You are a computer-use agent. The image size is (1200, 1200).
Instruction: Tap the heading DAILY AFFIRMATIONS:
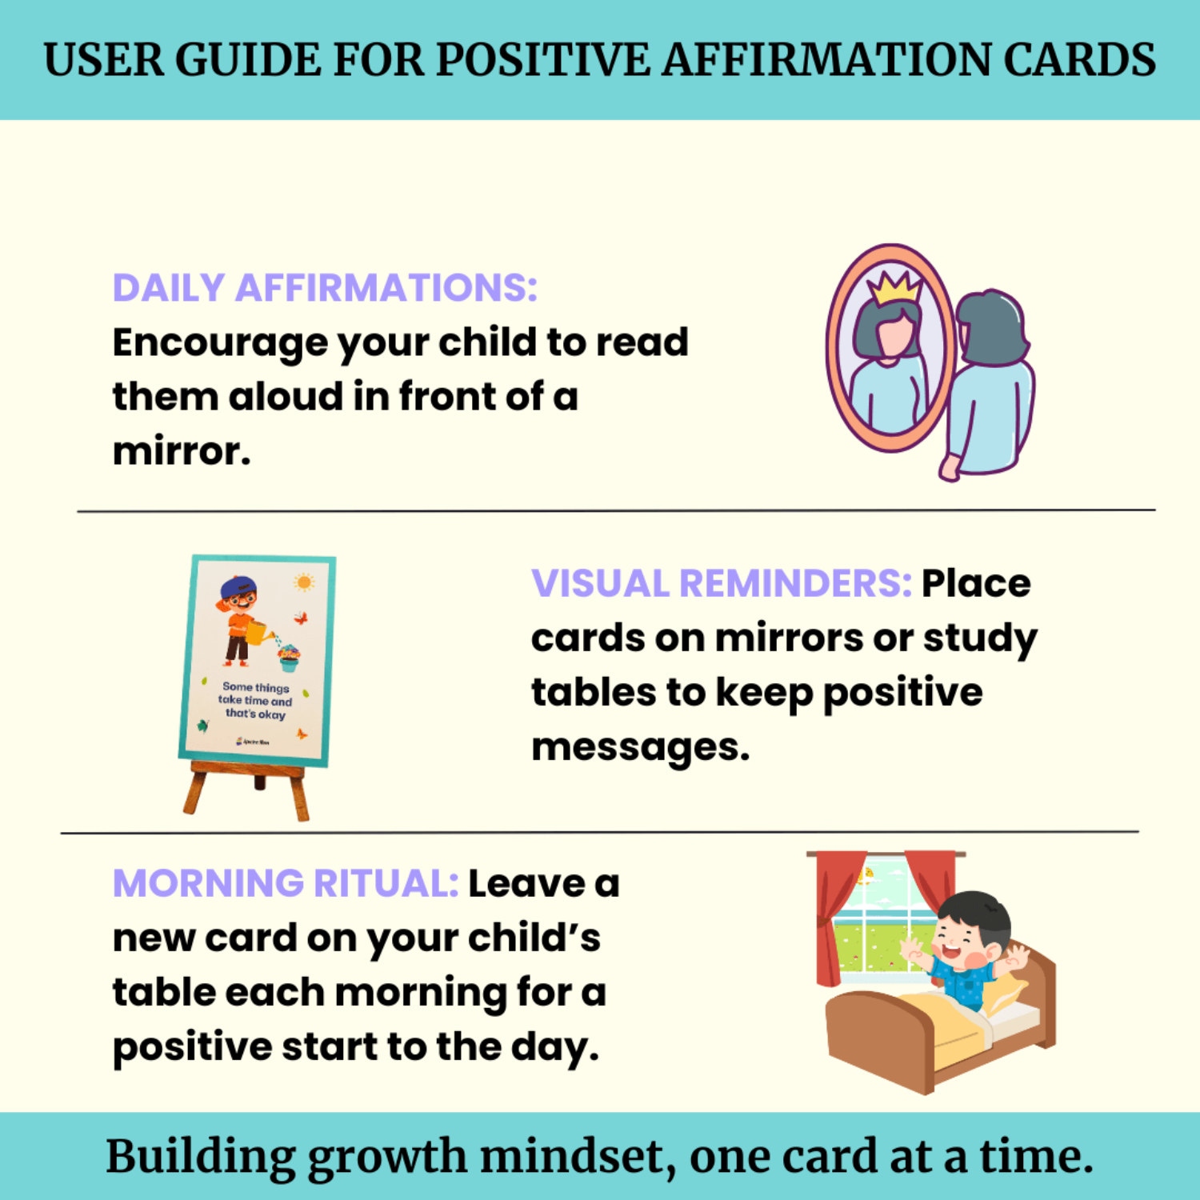[x=324, y=288]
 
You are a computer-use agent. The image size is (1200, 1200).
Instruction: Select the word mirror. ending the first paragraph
[x=182, y=452]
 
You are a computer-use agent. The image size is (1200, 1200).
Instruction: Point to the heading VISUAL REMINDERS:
[x=721, y=583]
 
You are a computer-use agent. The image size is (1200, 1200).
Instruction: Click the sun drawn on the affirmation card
[x=304, y=582]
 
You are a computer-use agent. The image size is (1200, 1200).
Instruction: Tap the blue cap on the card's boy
[x=238, y=587]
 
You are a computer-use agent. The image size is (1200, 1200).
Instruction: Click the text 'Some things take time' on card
[x=255, y=694]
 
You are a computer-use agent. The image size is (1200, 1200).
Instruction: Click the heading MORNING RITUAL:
[x=285, y=884]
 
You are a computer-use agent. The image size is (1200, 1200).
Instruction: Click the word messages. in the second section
[x=640, y=748]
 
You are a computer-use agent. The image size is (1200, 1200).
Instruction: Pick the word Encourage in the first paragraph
[x=219, y=343]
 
